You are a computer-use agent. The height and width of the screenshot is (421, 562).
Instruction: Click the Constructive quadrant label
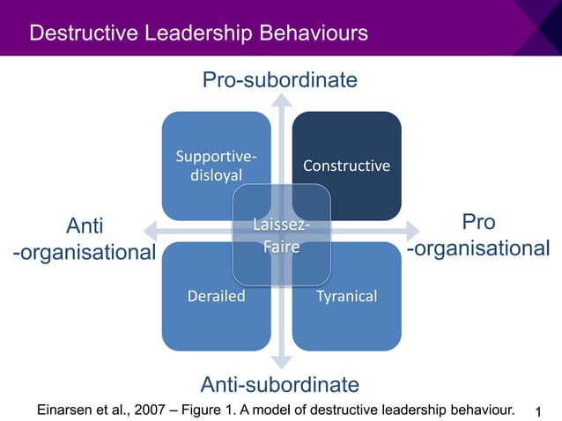346,166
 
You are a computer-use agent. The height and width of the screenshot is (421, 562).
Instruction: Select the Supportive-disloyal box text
216,166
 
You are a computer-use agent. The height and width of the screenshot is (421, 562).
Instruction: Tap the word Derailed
216,296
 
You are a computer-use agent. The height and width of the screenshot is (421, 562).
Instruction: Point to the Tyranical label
346,296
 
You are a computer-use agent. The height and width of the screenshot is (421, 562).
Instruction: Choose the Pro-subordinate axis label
280,81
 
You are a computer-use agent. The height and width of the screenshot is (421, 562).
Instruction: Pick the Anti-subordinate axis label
280,384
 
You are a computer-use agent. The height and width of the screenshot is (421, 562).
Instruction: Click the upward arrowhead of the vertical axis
281,100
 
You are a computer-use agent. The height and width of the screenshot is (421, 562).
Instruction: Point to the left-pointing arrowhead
151,230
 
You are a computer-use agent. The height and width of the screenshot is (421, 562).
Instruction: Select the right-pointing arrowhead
411,230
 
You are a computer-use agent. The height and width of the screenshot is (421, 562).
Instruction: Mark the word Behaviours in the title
307,33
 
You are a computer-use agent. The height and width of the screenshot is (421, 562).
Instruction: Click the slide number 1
539,411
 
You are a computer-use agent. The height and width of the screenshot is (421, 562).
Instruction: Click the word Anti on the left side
85,224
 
